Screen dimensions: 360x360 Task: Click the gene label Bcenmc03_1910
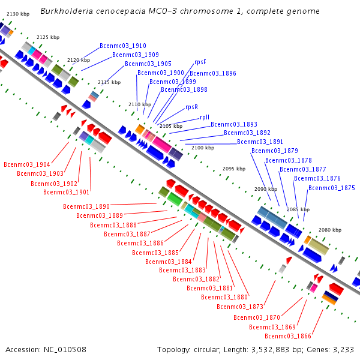pyautogui.click(x=123, y=46)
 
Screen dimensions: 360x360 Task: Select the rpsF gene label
pyautogui.click(x=200, y=62)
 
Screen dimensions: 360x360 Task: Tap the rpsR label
pyautogui.click(x=192, y=107)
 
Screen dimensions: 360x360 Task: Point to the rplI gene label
pyautogui.click(x=205, y=118)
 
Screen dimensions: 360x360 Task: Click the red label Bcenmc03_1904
pyautogui.click(x=27, y=164)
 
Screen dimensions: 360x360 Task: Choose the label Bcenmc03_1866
pyautogui.click(x=288, y=336)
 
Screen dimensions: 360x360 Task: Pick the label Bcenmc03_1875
pyautogui.click(x=332, y=188)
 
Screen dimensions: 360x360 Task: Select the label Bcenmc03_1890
pyautogui.click(x=86, y=206)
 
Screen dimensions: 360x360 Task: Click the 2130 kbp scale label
pyautogui.click(x=18, y=14)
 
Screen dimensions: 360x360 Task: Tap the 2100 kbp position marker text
pyautogui.click(x=203, y=148)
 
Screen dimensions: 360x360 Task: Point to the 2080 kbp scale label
pyautogui.click(x=330, y=230)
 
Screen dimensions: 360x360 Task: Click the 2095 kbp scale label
pyautogui.click(x=234, y=169)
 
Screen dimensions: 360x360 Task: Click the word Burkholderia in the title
pyautogui.click(x=67, y=11)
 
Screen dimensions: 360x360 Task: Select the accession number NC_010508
pyautogui.click(x=65, y=350)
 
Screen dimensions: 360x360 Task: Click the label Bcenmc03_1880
pyautogui.click(x=224, y=297)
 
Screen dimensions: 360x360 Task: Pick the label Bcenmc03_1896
pyautogui.click(x=213, y=73)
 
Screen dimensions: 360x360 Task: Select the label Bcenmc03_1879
pyautogui.click(x=275, y=151)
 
